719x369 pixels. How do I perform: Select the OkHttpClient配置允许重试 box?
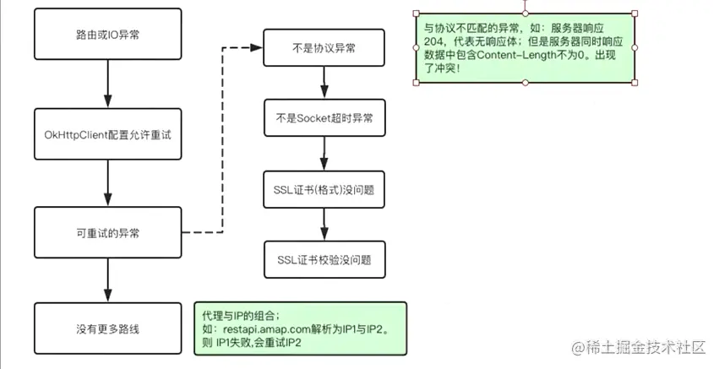108,134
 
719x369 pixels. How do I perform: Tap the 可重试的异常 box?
108,231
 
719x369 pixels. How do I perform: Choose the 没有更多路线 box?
108,328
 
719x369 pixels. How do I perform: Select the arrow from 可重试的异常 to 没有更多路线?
108,279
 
